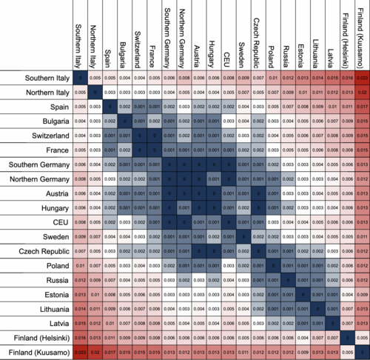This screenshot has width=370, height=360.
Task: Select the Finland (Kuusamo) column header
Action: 362,34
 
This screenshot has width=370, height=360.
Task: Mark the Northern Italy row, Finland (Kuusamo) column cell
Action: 362,93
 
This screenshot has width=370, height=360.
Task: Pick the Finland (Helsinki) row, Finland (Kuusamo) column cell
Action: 362,337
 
